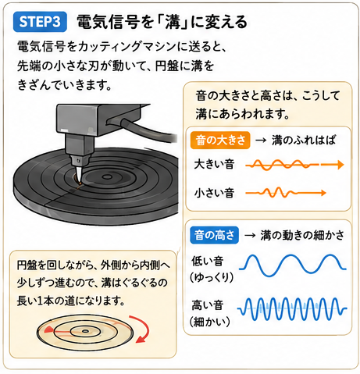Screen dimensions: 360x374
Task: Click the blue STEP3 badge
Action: (40, 22)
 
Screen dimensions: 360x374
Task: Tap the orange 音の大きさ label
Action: (220, 141)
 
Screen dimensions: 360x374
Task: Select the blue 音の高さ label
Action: (214, 235)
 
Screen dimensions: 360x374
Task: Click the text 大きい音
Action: (214, 164)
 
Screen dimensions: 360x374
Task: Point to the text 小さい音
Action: (214, 193)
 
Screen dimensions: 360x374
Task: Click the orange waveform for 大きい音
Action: (294, 165)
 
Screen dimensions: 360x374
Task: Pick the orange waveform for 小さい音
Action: (286, 193)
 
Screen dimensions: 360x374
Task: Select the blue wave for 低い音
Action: (293, 265)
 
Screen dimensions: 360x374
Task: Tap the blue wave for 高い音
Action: (292, 309)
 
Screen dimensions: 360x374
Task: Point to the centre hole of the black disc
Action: (106, 177)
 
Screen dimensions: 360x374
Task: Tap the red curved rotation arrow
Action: (142, 329)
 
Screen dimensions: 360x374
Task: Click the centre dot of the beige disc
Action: (85, 331)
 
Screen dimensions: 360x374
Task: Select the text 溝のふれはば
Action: (304, 141)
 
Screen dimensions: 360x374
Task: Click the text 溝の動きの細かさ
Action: (302, 235)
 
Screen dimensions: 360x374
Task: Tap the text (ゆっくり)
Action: (212, 277)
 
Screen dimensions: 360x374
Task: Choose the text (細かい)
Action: (210, 322)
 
